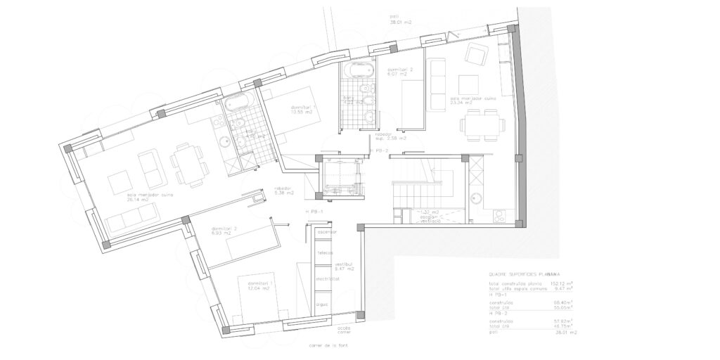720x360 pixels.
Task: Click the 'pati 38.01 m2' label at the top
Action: (401, 19)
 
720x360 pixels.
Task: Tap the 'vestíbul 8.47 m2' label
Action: (344, 266)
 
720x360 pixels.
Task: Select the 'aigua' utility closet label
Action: (323, 304)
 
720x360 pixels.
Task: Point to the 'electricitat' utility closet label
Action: (327, 278)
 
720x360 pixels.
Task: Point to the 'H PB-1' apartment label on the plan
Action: (314, 211)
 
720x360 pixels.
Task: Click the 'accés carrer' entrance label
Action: (344, 329)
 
